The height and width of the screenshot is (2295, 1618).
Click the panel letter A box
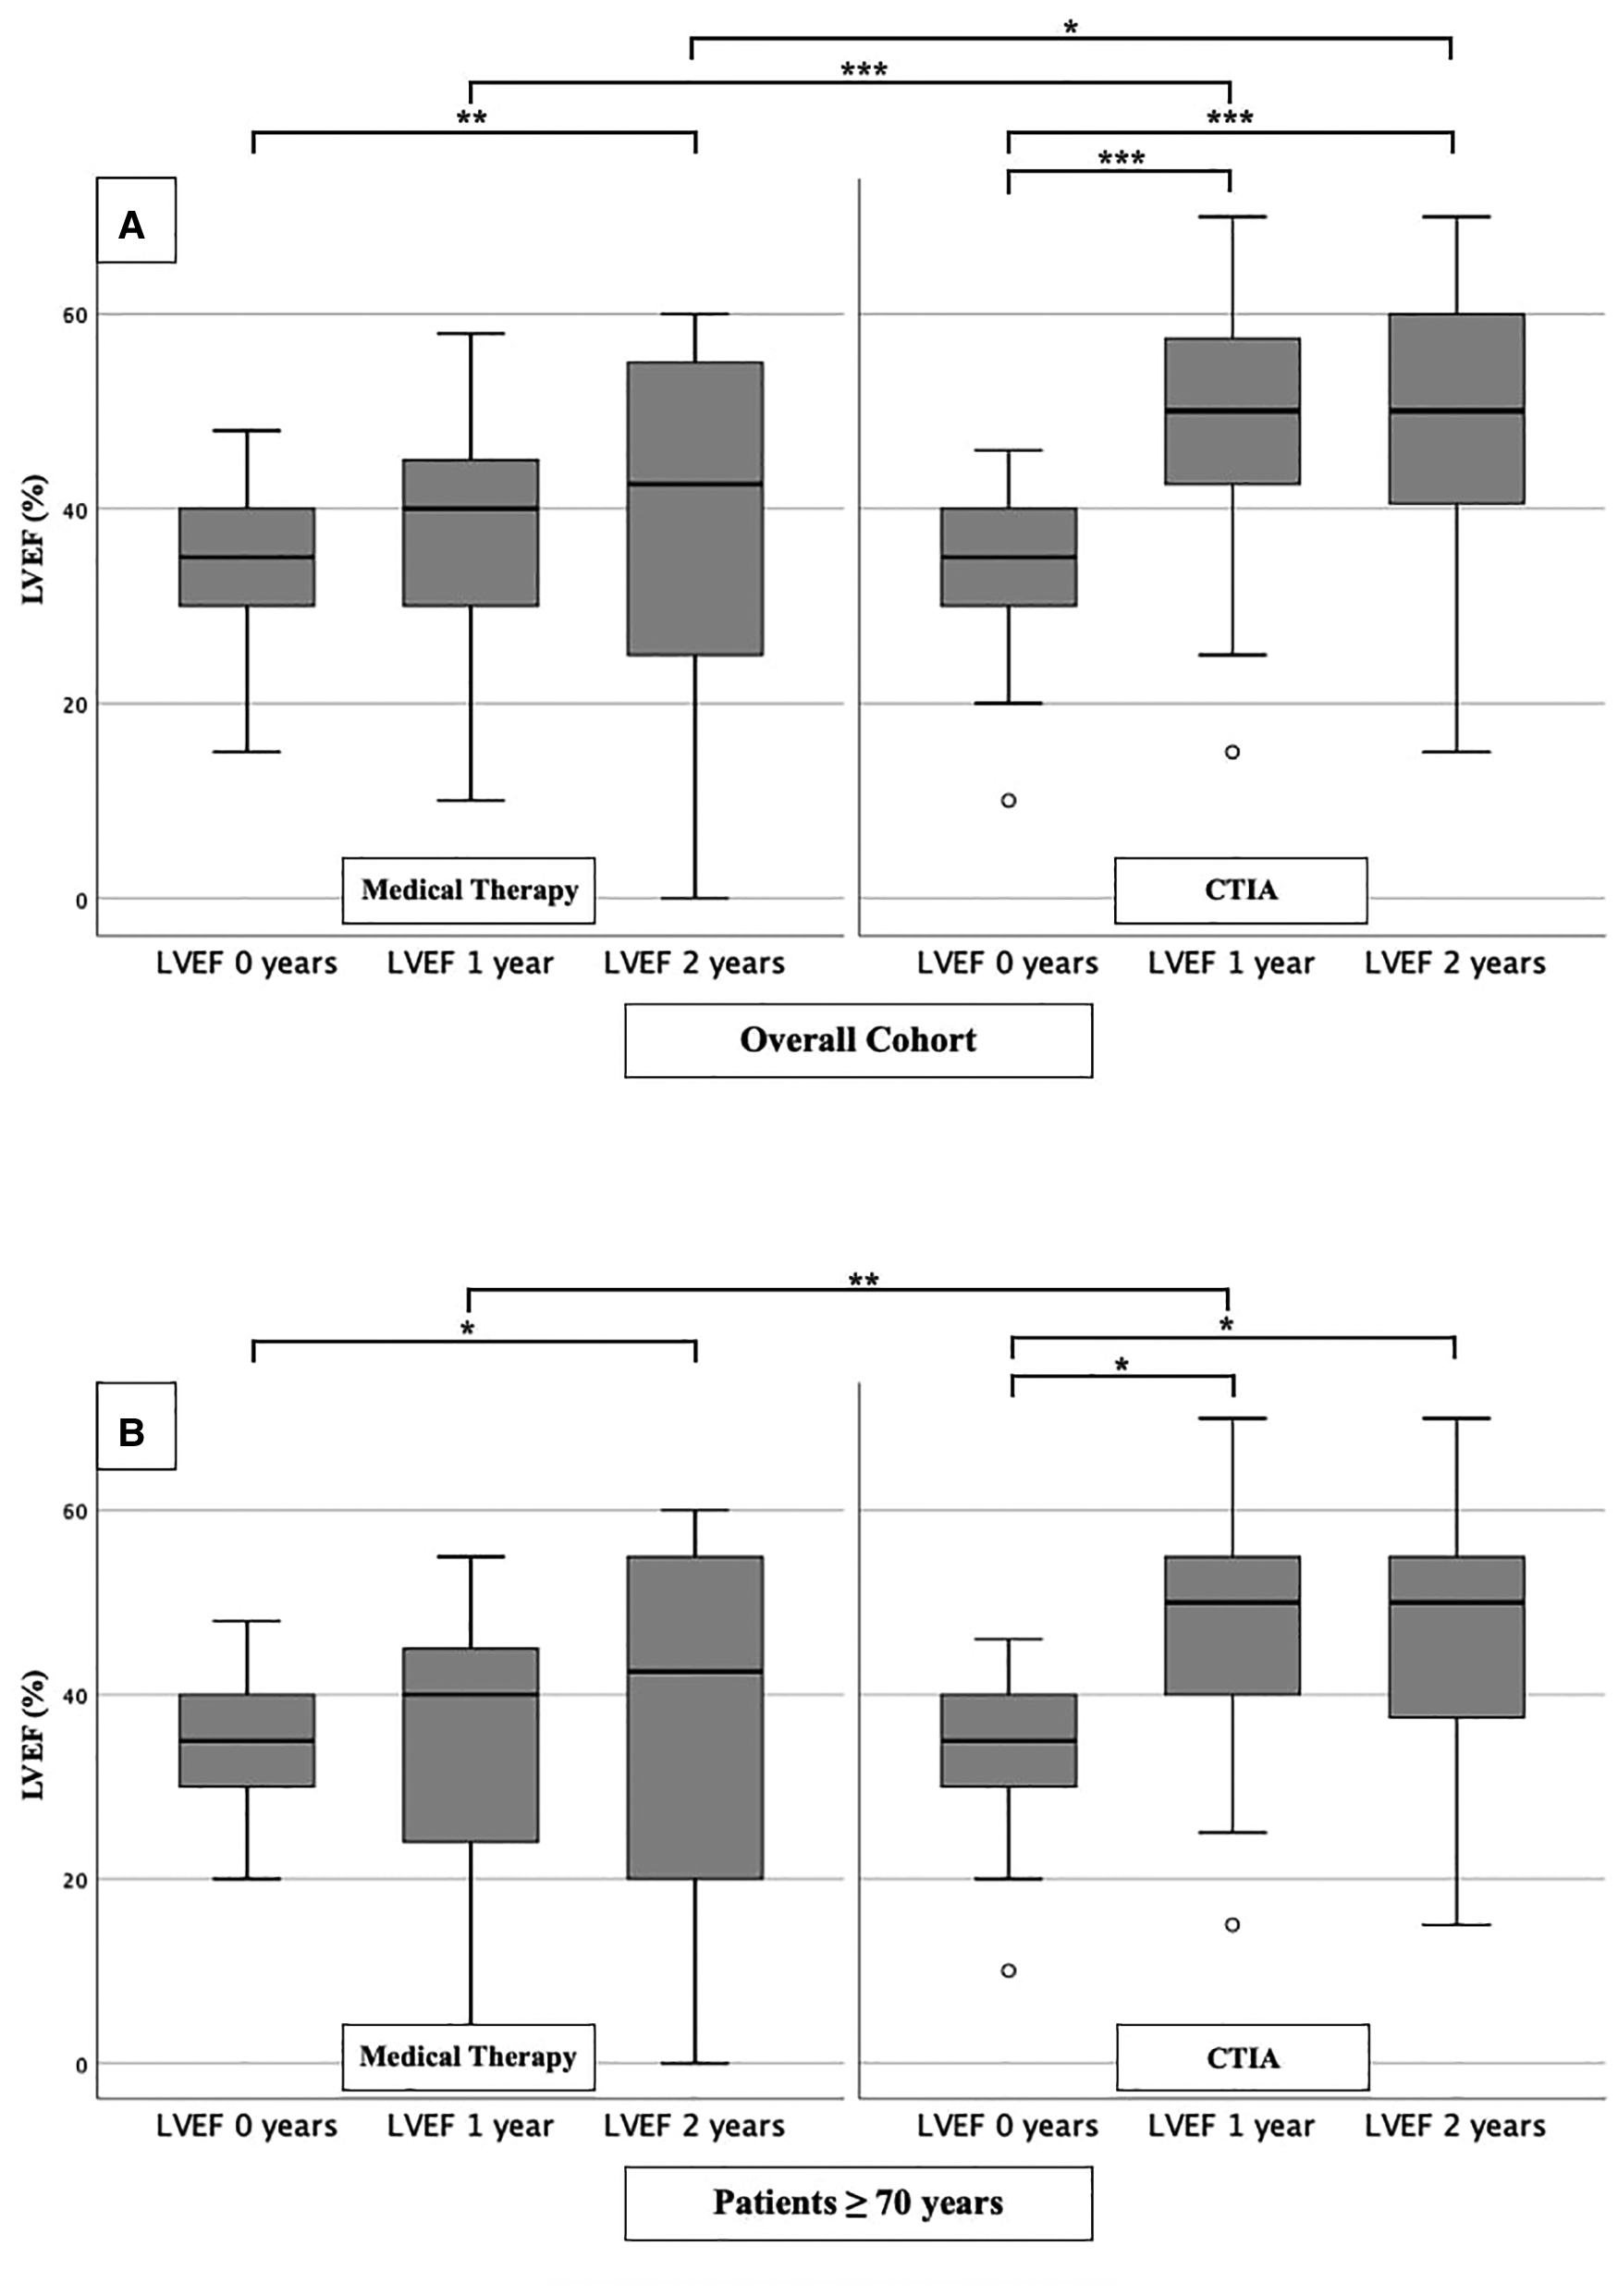(x=135, y=221)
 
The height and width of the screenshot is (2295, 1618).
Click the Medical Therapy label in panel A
(x=469, y=890)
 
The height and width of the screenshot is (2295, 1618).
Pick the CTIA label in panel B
(x=1243, y=2058)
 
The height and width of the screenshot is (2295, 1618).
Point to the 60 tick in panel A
(x=76, y=315)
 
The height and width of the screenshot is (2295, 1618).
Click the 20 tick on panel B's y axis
(x=76, y=1880)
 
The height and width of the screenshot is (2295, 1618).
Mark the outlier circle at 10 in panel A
(x=1009, y=801)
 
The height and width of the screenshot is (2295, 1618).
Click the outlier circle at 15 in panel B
(x=1232, y=1925)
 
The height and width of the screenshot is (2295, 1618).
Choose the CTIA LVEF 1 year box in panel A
(x=1232, y=411)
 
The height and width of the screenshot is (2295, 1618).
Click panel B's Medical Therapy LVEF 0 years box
(x=247, y=1740)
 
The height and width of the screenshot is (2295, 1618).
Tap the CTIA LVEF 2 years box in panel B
(x=1456, y=1637)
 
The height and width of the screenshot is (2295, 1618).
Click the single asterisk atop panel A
(x=1071, y=28)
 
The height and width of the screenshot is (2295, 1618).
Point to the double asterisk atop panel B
(x=864, y=1281)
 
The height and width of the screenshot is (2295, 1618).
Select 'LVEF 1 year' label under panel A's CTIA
(x=1231, y=963)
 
